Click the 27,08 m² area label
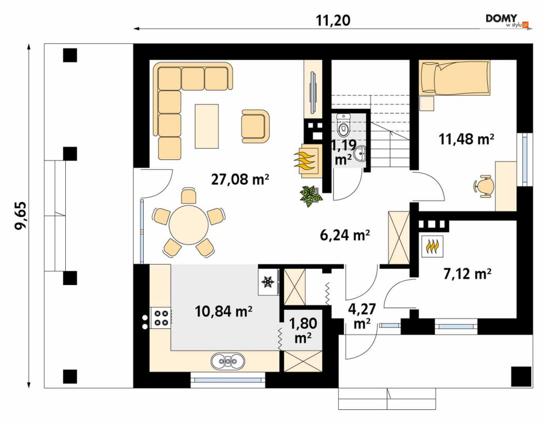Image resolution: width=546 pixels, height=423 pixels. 240,180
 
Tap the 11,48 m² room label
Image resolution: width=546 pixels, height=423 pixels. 466,139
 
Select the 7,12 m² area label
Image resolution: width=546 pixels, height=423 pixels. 468,274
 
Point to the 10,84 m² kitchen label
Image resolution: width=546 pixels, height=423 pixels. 223,311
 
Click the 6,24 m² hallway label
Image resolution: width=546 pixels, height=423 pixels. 345,235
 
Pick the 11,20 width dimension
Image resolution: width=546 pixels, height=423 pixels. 333,20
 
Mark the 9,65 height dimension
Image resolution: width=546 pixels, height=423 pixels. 20,215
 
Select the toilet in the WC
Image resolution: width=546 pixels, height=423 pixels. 344,126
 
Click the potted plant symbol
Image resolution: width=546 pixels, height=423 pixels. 311,196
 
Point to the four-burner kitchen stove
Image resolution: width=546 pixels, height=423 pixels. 160,318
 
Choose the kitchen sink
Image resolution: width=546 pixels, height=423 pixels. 228,361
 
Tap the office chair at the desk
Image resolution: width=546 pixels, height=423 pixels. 484,186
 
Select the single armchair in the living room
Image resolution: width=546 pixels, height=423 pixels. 255,126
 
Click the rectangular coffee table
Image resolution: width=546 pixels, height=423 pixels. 207,126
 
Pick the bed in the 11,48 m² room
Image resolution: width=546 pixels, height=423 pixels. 455,78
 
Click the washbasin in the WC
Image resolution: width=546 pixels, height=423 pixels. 359,153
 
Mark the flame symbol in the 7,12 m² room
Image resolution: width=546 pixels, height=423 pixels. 432,247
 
